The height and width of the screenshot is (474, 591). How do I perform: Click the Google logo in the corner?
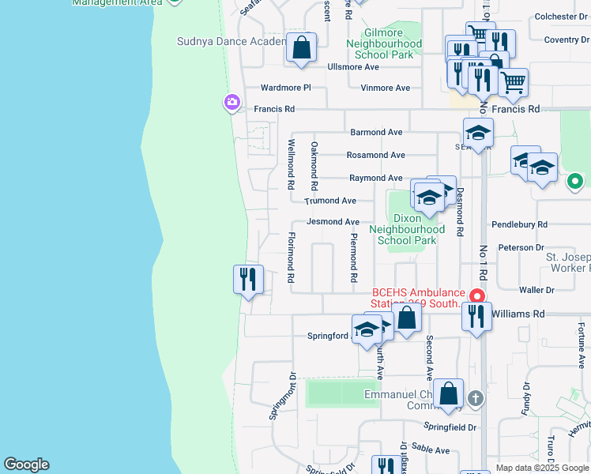26,465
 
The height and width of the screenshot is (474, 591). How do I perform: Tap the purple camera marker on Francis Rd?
232,102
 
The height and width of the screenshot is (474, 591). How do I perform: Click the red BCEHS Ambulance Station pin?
476,296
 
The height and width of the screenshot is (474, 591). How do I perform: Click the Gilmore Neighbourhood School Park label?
383,44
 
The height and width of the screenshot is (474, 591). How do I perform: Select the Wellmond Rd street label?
291,164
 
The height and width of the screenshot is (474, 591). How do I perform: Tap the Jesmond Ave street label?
333,222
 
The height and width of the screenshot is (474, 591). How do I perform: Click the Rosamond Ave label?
377,155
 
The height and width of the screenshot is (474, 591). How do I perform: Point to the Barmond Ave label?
377,132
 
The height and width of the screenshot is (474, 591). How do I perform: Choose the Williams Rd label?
518,314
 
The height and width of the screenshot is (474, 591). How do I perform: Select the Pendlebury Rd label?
519,225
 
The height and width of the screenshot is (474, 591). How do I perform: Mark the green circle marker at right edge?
575,181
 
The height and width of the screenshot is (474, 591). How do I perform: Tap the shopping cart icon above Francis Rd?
514,81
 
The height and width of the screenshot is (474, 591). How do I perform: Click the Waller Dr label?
539,291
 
